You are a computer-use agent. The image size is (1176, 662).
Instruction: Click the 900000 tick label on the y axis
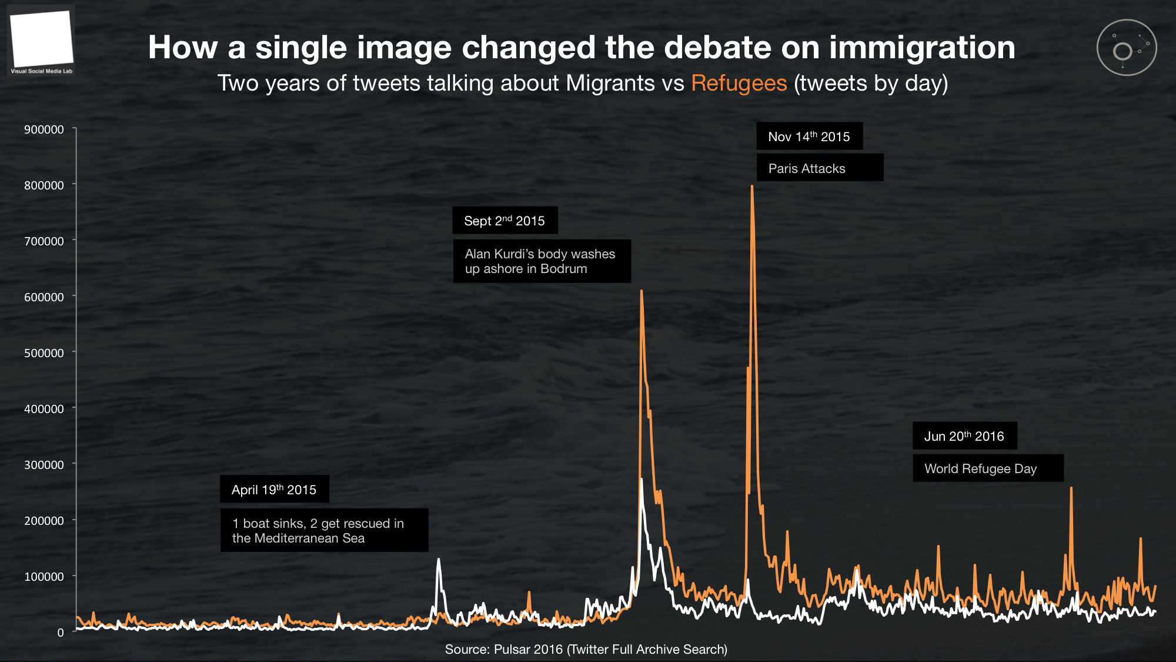click(44, 129)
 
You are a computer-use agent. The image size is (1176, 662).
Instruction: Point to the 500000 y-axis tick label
click(44, 353)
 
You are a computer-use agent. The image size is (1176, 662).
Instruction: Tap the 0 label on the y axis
click(61, 633)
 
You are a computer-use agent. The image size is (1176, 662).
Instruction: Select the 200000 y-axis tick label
click(44, 521)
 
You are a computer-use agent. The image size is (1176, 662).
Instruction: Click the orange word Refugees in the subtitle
click(739, 83)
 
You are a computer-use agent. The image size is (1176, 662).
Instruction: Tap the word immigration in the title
click(922, 47)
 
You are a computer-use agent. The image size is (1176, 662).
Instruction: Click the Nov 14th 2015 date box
click(809, 137)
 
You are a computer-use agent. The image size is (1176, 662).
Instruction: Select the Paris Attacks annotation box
click(820, 168)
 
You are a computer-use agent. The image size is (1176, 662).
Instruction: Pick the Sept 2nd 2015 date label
click(505, 221)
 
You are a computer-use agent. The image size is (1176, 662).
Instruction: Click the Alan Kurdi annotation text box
click(542, 261)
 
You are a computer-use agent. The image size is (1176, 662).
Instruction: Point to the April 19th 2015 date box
click(274, 490)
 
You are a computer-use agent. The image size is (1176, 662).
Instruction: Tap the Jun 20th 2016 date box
click(964, 436)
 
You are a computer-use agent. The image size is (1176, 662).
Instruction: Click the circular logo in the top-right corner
click(1127, 48)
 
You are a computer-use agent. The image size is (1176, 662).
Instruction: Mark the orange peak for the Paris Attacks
click(752, 187)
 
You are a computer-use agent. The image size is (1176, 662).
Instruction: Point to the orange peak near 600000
click(642, 291)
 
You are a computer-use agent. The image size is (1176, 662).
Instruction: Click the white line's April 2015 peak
click(438, 560)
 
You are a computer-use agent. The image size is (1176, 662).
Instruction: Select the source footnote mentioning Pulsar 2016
click(586, 649)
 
